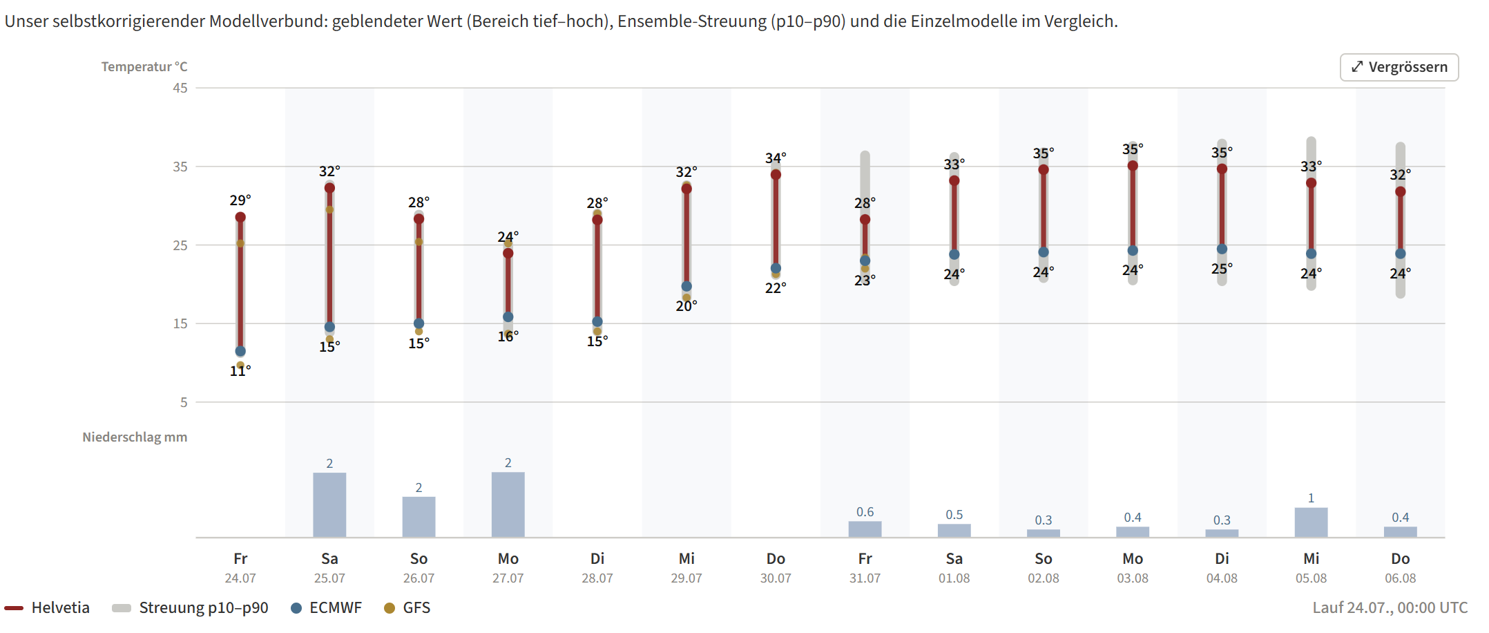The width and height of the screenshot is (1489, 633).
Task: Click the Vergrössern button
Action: click(x=1399, y=67)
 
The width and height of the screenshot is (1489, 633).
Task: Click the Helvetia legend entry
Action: click(x=47, y=608)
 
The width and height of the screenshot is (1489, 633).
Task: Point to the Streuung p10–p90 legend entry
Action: click(x=190, y=608)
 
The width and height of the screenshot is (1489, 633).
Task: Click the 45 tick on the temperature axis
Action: click(x=180, y=88)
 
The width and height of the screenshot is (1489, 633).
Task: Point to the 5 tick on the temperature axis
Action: click(x=184, y=402)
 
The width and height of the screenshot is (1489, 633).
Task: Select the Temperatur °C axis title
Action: click(x=144, y=67)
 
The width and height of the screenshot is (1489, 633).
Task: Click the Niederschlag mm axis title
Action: click(x=135, y=437)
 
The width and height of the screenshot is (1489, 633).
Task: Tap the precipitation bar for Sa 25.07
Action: click(x=329, y=505)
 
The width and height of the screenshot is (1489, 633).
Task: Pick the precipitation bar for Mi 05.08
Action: click(x=1311, y=522)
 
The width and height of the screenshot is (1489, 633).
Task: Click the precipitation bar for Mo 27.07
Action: click(x=508, y=504)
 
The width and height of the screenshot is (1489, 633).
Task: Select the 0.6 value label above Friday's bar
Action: click(x=865, y=512)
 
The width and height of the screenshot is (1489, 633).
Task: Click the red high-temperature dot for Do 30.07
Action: click(x=776, y=175)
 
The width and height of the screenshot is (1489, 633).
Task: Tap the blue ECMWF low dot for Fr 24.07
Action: click(x=240, y=351)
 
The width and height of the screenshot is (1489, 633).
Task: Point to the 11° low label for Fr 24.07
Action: click(x=240, y=371)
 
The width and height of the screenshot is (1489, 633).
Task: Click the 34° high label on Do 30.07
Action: click(x=776, y=158)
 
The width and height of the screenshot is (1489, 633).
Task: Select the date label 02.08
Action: click(x=1043, y=578)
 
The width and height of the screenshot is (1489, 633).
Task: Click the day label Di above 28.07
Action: click(x=597, y=558)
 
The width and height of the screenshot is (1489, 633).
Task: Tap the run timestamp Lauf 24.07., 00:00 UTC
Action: click(x=1390, y=608)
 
